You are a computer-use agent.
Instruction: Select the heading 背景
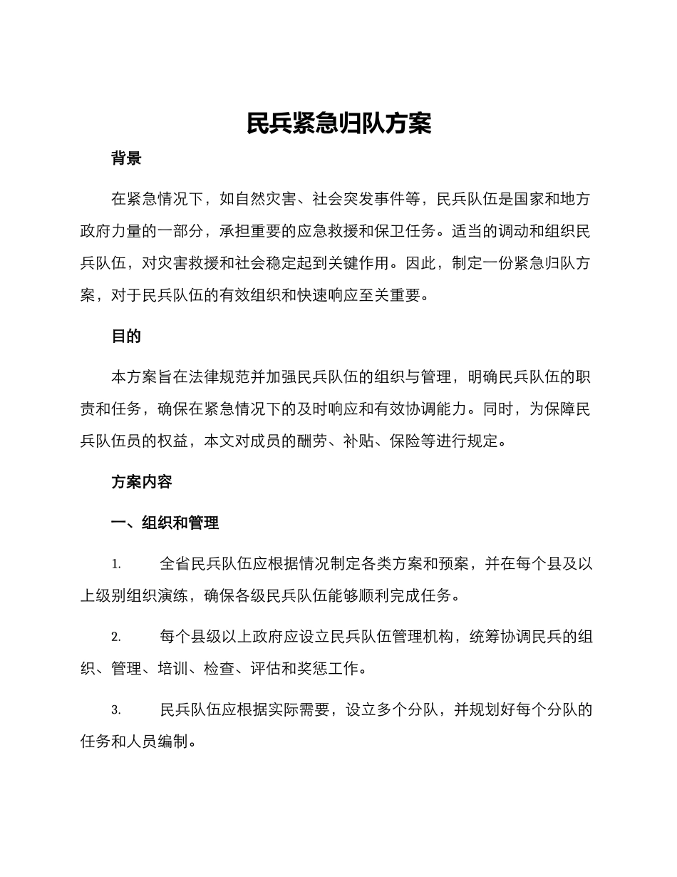126,158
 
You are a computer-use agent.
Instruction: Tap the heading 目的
126,337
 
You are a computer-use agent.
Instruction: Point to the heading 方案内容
142,482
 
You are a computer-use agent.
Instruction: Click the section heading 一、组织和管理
165,523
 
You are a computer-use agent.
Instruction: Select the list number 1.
115,564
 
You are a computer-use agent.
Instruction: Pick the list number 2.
115,637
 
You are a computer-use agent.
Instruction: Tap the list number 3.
115,710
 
